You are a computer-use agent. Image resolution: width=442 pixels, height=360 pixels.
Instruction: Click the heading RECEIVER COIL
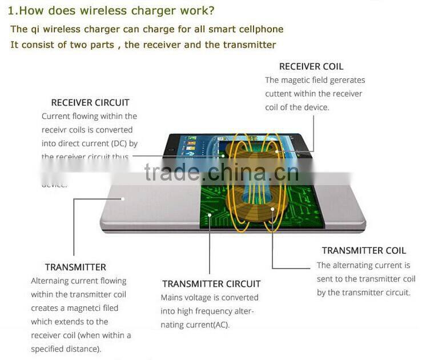tap(311, 66)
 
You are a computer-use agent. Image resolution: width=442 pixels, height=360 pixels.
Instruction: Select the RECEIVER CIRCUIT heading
tap(90, 103)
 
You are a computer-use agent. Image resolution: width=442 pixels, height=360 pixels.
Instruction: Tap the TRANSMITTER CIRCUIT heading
tap(211, 283)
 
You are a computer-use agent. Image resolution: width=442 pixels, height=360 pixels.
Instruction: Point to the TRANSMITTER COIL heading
tap(364, 250)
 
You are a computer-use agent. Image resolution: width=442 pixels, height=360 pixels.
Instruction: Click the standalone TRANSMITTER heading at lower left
tap(75, 267)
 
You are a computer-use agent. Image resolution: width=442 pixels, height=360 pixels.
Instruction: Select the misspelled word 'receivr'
tap(55, 130)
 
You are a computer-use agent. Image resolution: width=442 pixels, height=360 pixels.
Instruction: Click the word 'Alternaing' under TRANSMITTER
tap(50, 281)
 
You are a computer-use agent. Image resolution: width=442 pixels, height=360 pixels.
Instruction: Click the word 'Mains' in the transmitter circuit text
tap(172, 298)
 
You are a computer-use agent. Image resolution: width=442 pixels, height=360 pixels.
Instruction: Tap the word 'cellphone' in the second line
tap(260, 29)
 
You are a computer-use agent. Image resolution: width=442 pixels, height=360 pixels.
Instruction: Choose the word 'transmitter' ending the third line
tap(250, 45)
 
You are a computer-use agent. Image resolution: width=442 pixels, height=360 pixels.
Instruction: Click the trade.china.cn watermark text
tap(221, 172)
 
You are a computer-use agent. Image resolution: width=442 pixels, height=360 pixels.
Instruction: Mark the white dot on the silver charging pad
tap(122, 199)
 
